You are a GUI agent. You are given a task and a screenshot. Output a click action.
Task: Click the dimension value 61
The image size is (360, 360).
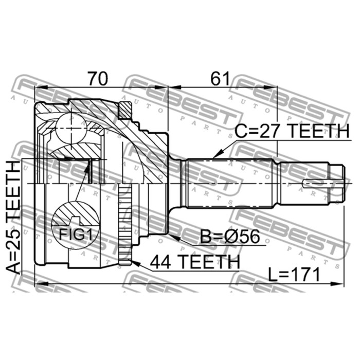(221, 79)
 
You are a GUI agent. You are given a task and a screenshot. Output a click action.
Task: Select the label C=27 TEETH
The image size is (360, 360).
(292, 131)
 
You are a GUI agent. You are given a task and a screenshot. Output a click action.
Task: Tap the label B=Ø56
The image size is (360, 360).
(230, 237)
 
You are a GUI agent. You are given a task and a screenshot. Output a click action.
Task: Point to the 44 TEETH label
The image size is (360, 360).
(195, 262)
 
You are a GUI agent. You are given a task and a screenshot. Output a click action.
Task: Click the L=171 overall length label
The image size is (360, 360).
(294, 275)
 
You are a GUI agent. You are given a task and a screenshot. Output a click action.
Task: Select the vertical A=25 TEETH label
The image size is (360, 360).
(13, 218)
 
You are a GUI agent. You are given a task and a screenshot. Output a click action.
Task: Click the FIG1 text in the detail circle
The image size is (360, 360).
(76, 235)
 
